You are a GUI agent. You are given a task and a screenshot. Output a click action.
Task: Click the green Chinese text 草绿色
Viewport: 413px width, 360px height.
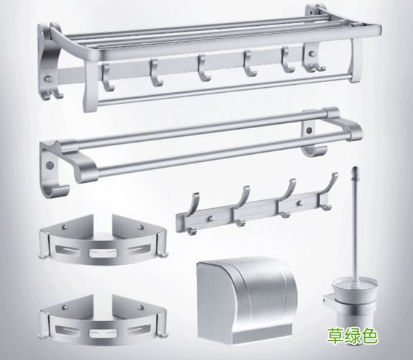point(353,336)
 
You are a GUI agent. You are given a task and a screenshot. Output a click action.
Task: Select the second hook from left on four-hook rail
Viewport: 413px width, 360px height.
point(240,206)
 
